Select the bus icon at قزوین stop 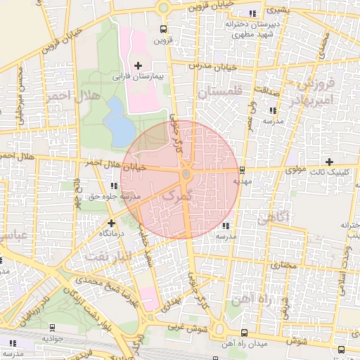click(x=163, y=30)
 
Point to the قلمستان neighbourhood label click(x=219, y=92)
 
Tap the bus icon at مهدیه click(x=242, y=169)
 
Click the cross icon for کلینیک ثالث click(x=328, y=162)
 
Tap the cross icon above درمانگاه click(x=111, y=223)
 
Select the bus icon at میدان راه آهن click(x=244, y=332)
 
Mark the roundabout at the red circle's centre click(x=186, y=174)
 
